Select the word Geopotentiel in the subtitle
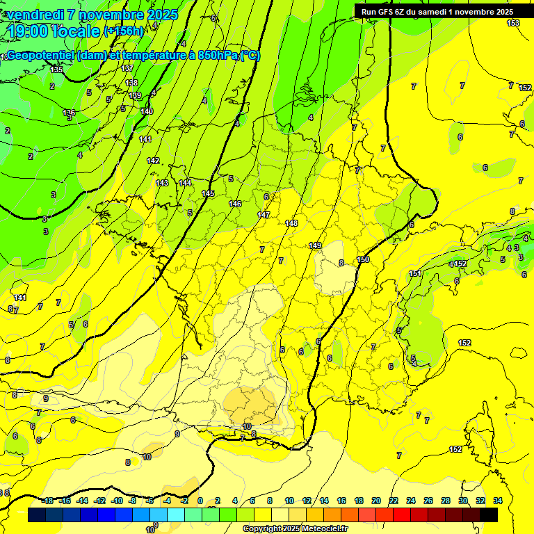pyautogui.click(x=41, y=56)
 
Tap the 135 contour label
pyautogui.click(x=56, y=70)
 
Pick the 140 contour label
pyautogui.click(x=147, y=111)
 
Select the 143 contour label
pyautogui.click(x=162, y=183)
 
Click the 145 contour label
pyautogui.click(x=208, y=193)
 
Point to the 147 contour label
pyautogui.click(x=264, y=215)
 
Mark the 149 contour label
pyautogui.click(x=315, y=245)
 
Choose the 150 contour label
pyautogui.click(x=363, y=259)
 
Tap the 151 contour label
pyautogui.click(x=415, y=273)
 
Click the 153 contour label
pyautogui.click(x=513, y=24)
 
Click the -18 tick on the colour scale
pyautogui.click(x=47, y=501)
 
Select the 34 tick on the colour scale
pyautogui.click(x=498, y=501)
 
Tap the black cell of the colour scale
pyautogui.click(x=488, y=515)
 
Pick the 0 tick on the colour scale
pyautogui.click(x=200, y=501)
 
